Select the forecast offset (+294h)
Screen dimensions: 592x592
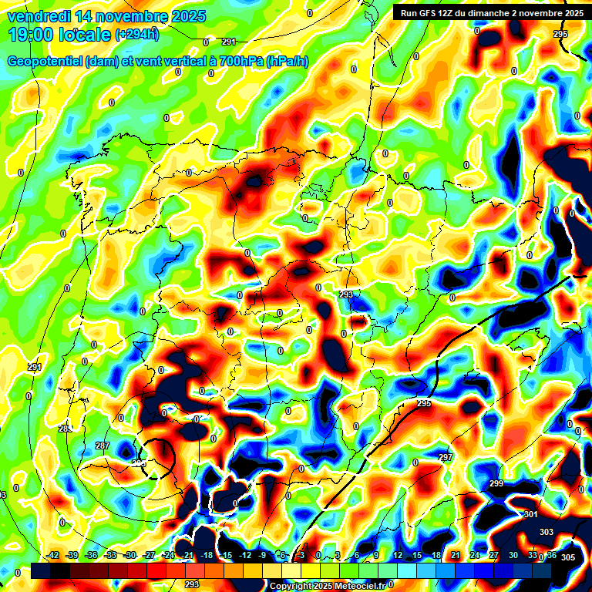136,35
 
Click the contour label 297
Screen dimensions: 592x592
445,458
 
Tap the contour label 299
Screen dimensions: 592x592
496,483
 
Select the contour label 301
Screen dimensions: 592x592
530,514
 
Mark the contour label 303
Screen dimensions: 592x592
546,532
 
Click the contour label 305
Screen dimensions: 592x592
568,557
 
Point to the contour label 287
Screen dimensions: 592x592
103,446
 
